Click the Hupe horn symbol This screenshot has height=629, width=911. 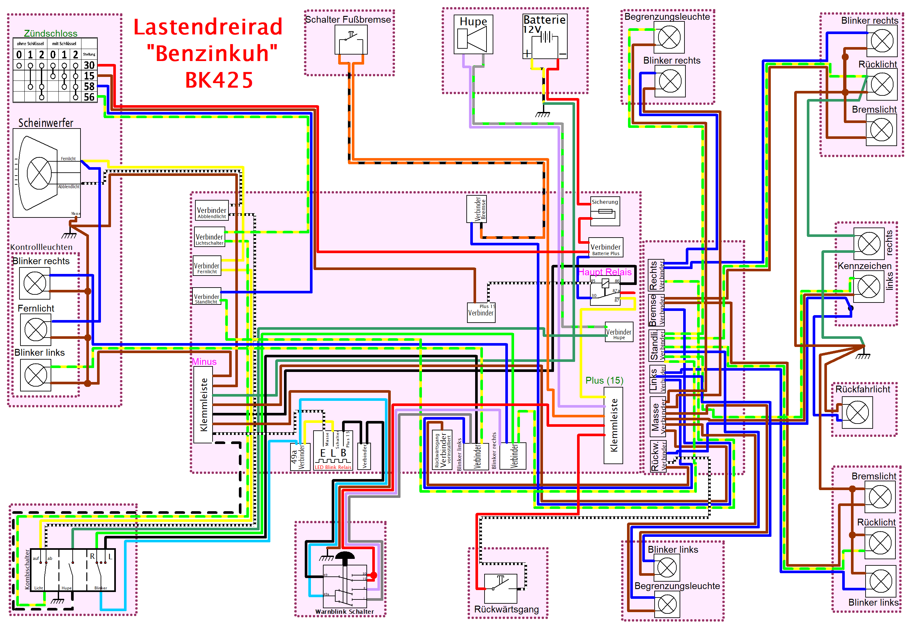(473, 39)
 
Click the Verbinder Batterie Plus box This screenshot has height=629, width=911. (605, 248)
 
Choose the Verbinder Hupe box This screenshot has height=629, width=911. (618, 333)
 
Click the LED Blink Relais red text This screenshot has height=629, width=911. (333, 467)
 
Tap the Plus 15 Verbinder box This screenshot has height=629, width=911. (481, 312)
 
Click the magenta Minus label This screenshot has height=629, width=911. (204, 362)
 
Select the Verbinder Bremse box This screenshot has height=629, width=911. (476, 209)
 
